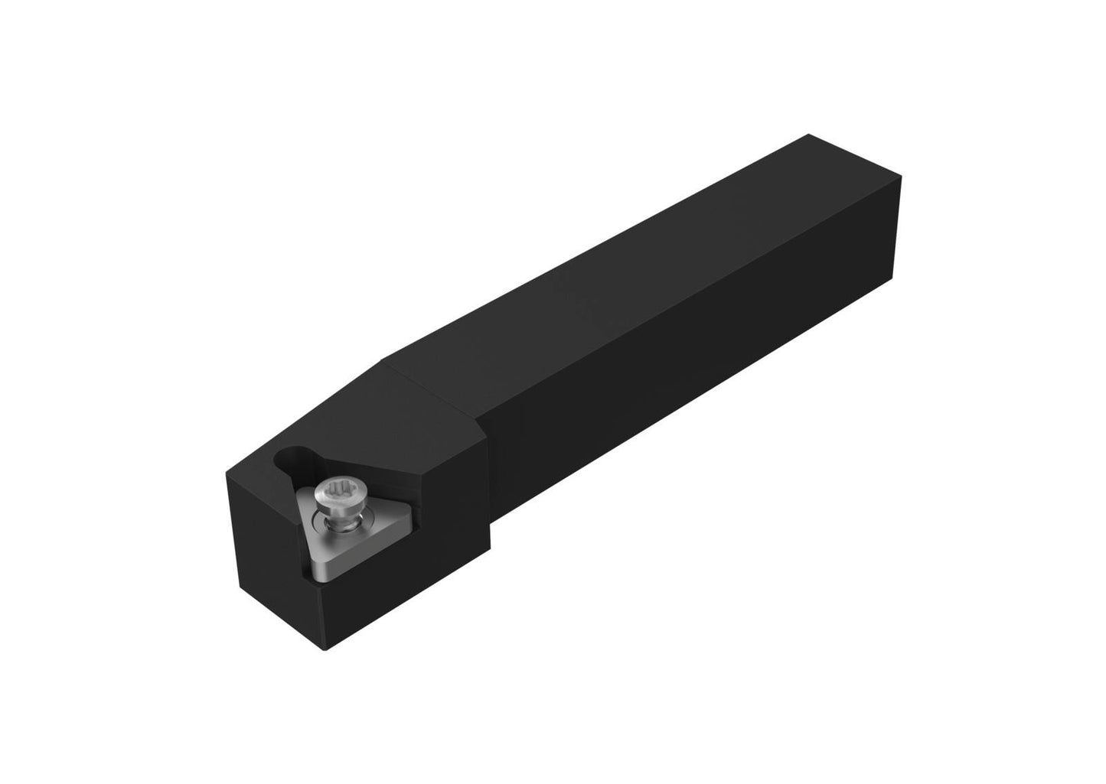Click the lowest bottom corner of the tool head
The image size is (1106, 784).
pos(328,651)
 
